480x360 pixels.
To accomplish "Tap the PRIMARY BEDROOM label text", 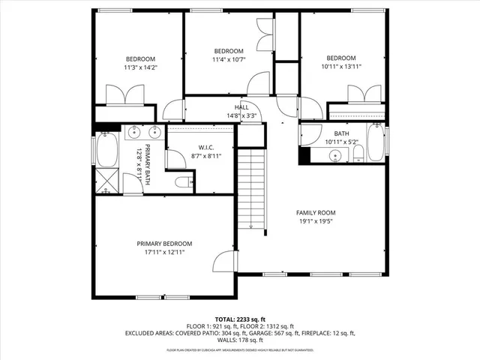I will pos(164,244).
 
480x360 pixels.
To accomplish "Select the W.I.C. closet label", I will pos(207,147).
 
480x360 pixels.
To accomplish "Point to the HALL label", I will pos(241,107).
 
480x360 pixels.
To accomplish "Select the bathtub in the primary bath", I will pos(106,151).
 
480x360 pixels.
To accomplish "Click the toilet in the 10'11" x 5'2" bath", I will pos(358,154).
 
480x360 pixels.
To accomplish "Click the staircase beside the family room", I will pos(251,187).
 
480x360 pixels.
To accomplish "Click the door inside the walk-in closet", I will pos(177,158).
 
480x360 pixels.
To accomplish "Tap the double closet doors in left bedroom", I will pos(125,95).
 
